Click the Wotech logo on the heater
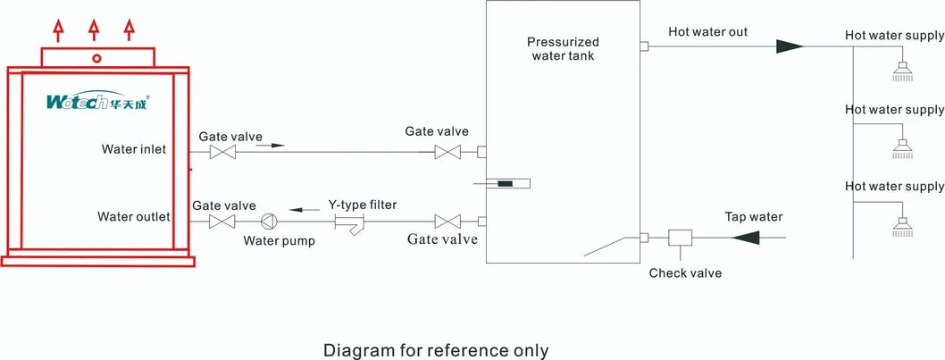click(98, 102)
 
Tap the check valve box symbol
click(681, 238)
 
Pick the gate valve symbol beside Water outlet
click(221, 221)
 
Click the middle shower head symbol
click(904, 147)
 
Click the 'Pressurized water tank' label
click(563, 49)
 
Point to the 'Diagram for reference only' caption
click(436, 349)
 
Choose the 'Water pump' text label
click(279, 241)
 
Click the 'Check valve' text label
click(685, 272)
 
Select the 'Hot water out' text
click(707, 32)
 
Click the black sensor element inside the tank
click(506, 184)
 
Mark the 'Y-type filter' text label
click(362, 205)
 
